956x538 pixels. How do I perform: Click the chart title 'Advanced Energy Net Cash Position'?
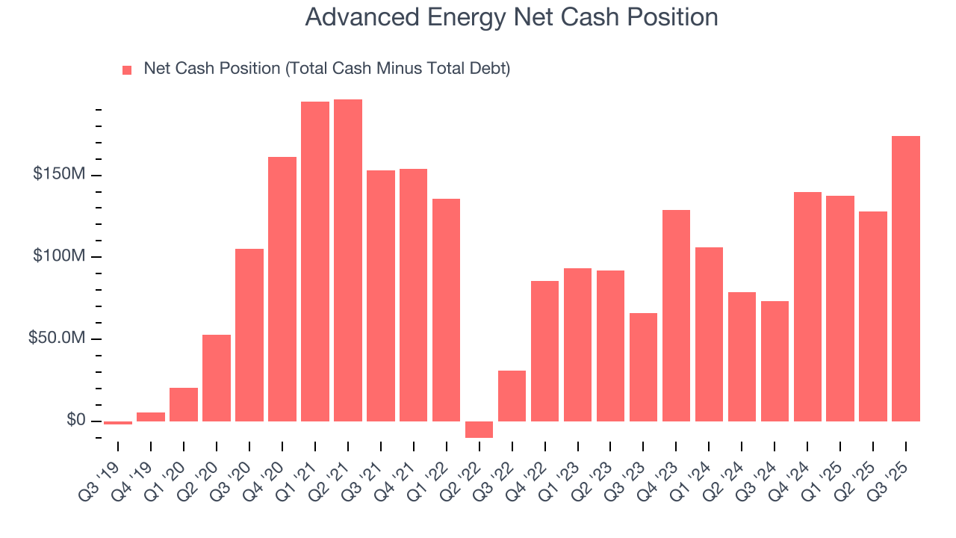(x=512, y=17)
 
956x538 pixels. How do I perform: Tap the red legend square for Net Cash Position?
(x=127, y=70)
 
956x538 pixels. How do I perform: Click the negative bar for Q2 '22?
(x=479, y=430)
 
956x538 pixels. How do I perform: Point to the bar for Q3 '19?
(x=118, y=423)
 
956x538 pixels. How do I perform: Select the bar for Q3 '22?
(x=512, y=396)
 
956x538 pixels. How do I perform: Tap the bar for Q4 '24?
(x=807, y=306)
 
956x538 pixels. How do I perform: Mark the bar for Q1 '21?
(x=315, y=262)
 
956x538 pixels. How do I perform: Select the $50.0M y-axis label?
(x=57, y=338)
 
